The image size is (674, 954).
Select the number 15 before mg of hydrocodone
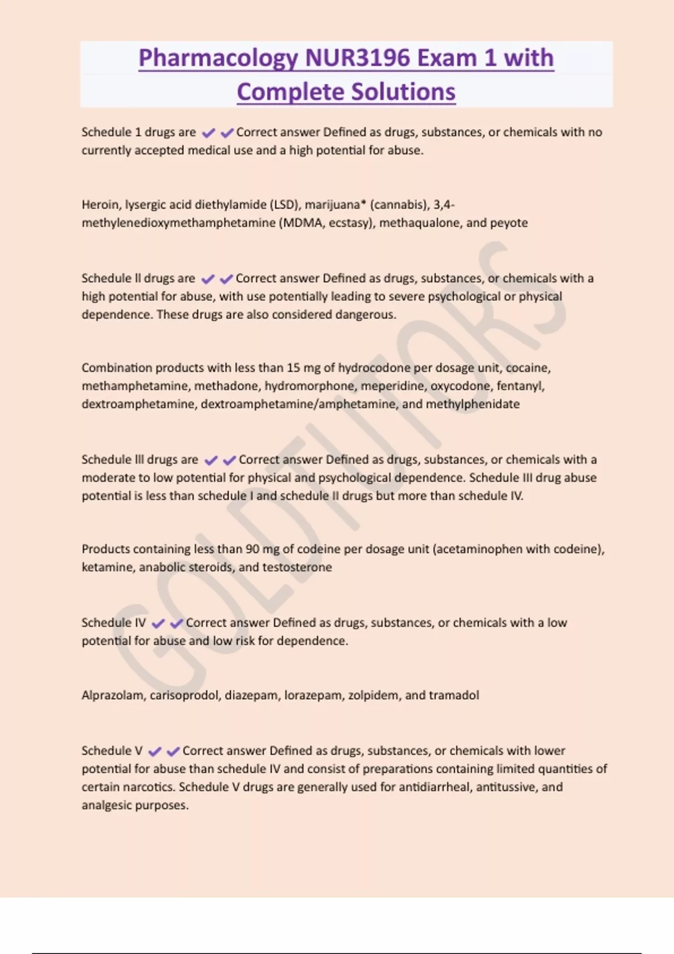click(293, 368)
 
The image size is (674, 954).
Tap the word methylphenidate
click(472, 404)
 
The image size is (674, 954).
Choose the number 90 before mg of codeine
click(253, 549)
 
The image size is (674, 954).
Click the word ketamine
click(107, 567)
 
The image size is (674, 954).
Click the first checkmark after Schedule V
click(155, 751)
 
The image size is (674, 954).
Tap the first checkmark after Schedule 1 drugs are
click(208, 133)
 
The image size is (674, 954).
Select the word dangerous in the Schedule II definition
click(365, 315)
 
